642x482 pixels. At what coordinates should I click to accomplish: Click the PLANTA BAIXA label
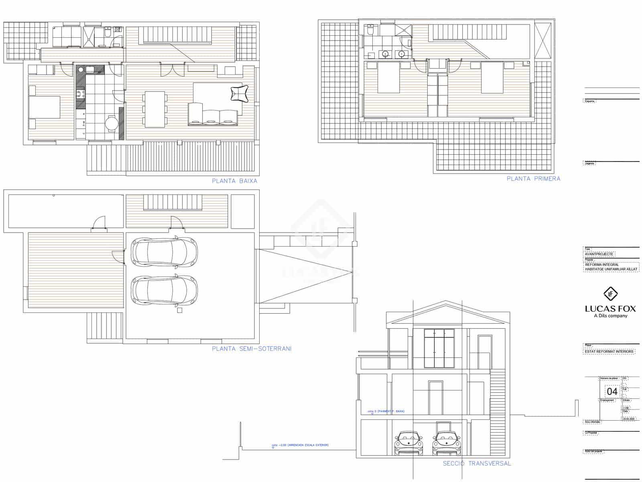coord(234,181)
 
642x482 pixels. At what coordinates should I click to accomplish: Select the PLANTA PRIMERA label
coord(533,178)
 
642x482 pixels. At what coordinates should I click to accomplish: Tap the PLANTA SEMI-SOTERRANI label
coord(252,349)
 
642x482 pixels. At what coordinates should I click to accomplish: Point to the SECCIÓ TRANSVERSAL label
coord(477,464)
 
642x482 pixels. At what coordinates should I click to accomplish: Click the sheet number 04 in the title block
coord(612,391)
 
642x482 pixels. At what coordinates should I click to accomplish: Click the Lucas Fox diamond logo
coord(610,294)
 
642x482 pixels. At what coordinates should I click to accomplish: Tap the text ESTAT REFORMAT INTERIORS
coord(609,351)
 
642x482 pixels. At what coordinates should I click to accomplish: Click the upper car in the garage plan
coord(165,252)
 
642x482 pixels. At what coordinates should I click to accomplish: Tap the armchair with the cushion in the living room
coord(240,94)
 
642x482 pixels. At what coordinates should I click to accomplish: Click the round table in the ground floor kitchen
coord(112,124)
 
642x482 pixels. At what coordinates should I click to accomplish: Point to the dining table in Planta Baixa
coord(155,109)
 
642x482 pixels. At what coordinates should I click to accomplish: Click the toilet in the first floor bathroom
coord(370,30)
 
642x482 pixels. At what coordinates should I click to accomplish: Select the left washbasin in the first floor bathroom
coord(386,54)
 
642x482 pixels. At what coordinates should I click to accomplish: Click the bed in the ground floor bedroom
coord(45,107)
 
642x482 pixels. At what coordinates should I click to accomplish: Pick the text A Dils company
coord(610,316)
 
